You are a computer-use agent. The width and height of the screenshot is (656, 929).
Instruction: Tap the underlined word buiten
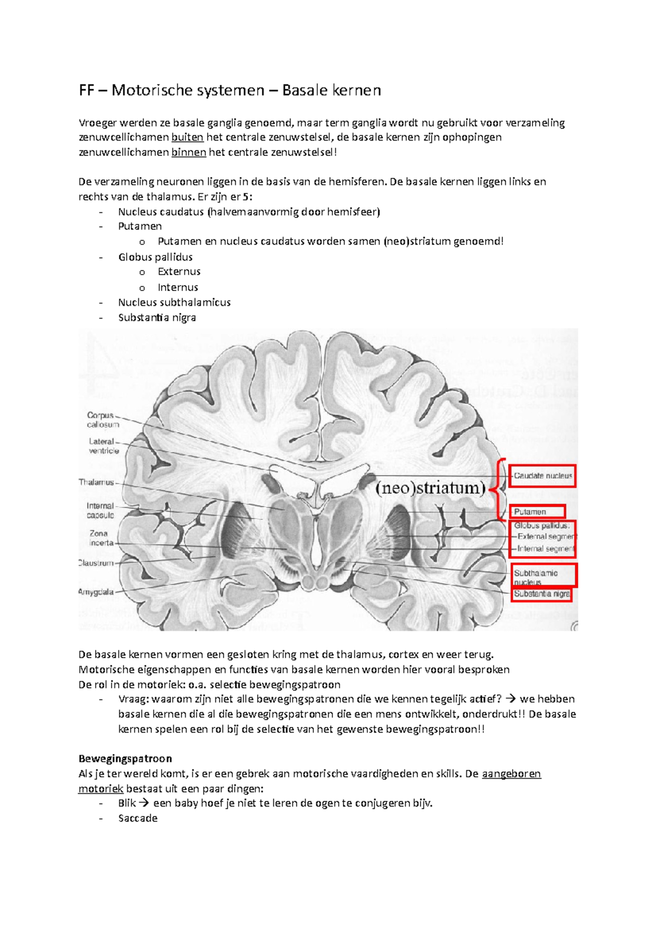point(187,137)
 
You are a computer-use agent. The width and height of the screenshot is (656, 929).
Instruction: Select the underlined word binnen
point(189,152)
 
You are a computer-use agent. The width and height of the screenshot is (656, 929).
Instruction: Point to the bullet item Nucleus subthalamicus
point(174,303)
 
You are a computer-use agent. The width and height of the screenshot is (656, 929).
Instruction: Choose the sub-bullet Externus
point(179,272)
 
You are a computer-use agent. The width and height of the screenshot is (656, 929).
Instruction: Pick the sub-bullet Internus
point(178,287)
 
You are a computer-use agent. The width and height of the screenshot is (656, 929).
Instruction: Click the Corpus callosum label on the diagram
point(102,420)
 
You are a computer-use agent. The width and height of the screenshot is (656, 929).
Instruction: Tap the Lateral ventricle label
point(103,446)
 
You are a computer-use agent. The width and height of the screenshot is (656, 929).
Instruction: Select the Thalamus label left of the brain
point(96,482)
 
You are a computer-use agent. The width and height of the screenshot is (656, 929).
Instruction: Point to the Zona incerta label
point(101,538)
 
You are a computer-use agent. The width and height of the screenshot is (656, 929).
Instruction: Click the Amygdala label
point(96,591)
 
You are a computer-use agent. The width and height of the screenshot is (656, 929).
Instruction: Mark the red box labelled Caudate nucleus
point(542,476)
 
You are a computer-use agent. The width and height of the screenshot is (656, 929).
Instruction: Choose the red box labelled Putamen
point(537,512)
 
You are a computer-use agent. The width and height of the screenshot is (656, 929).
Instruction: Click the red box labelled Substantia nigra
point(541,594)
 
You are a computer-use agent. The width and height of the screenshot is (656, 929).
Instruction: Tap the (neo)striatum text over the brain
point(430,487)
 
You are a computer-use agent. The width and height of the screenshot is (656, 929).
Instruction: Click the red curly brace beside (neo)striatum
point(499,489)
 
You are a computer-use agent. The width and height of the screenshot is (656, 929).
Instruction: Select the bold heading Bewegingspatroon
point(125,759)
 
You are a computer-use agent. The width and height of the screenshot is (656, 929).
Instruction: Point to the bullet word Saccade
point(138,818)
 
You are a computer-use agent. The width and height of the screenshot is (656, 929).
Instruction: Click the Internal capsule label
point(100,510)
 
